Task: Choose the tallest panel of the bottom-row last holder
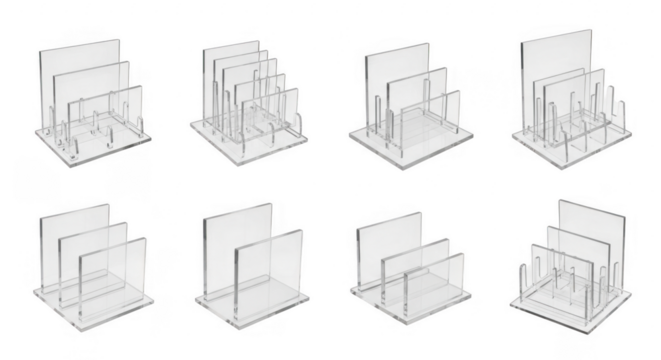coord(580,215)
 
